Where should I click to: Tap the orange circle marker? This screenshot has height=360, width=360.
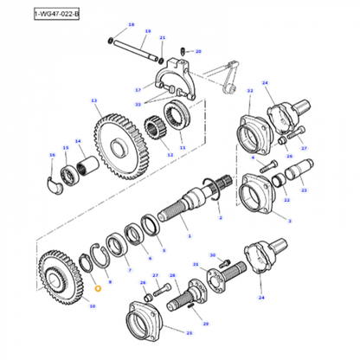(x=98, y=288)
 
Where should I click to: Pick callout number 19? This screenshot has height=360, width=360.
(x=147, y=31)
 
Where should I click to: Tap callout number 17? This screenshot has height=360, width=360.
(x=138, y=89)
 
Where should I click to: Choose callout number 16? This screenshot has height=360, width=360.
(x=51, y=156)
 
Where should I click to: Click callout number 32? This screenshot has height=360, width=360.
(x=250, y=90)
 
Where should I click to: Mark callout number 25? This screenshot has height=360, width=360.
(x=189, y=333)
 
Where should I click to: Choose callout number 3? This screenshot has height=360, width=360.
(x=288, y=222)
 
